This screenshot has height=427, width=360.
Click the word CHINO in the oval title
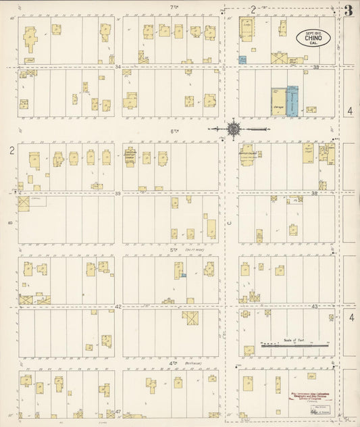(314, 39)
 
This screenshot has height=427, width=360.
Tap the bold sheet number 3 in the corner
(349, 10)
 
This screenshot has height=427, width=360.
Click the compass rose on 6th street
(233, 128)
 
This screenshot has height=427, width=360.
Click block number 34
(118, 67)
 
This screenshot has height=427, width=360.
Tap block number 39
(118, 193)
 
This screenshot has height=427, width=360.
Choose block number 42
(118, 306)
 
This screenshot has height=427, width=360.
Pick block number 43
(315, 306)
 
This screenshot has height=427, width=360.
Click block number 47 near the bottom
(118, 411)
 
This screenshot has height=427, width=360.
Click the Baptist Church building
(247, 154)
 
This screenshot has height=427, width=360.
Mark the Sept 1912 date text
(314, 32)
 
